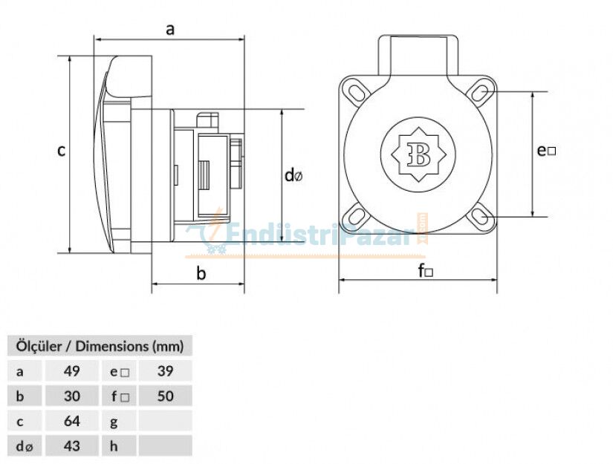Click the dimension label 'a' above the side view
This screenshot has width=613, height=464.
(170, 29)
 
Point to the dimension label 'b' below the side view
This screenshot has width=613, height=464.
(201, 273)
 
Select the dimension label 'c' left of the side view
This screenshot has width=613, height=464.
(62, 151)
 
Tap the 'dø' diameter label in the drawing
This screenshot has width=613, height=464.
(293, 176)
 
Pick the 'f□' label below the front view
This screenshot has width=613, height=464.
(426, 271)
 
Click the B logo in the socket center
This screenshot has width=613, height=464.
(418, 154)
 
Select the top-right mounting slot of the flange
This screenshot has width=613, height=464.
(481, 91)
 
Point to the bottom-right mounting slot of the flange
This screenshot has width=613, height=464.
(481, 216)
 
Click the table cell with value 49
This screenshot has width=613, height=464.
(72, 371)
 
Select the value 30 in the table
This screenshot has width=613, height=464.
(72, 396)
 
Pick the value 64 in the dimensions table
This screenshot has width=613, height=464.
(72, 421)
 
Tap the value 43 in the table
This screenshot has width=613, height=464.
(72, 445)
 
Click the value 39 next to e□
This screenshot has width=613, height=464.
(165, 371)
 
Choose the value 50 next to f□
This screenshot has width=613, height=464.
(165, 396)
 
